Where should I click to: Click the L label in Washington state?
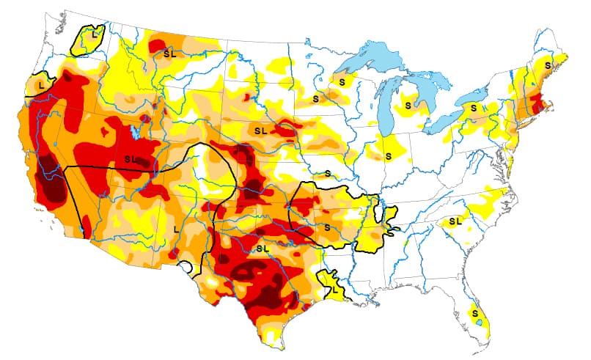pyautogui.click(x=94, y=34)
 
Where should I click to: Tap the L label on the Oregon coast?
pyautogui.click(x=41, y=85)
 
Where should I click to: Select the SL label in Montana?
pyautogui.click(x=170, y=53)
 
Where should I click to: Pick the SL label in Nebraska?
pyautogui.click(x=260, y=130)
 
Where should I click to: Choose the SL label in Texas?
pyautogui.click(x=262, y=249)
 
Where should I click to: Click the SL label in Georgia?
pyautogui.click(x=455, y=221)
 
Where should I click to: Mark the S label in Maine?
pyautogui.click(x=546, y=65)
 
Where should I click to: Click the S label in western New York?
pyautogui.click(x=474, y=108)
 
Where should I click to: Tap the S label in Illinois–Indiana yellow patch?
pyautogui.click(x=389, y=155)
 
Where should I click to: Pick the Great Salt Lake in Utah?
pyautogui.click(x=133, y=133)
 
